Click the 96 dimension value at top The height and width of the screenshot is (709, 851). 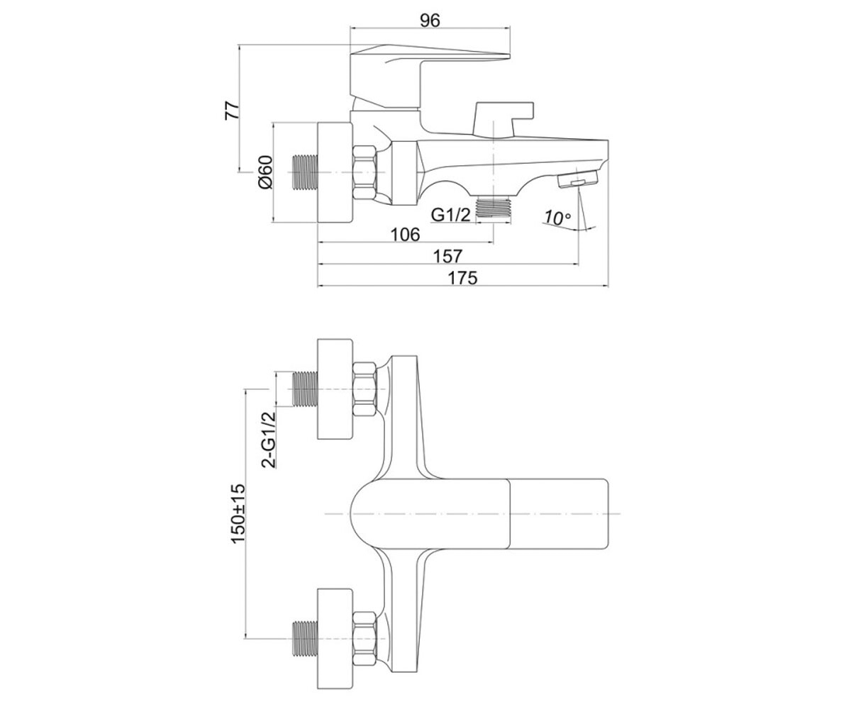430,21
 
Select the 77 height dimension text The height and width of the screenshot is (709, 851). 233,110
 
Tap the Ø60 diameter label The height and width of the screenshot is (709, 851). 265,172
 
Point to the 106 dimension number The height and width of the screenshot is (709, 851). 405,234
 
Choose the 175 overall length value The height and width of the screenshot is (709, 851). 462,278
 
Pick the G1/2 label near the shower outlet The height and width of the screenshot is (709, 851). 451,214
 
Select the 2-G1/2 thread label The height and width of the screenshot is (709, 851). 268,440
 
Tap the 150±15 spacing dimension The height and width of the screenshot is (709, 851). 238,514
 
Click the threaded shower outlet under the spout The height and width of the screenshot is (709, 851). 494,208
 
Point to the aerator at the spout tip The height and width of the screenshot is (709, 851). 579,179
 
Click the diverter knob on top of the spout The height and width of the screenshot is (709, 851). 504,118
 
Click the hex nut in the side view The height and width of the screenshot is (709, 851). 365,173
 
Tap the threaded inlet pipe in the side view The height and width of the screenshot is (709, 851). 305,172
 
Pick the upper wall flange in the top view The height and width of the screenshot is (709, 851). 335,389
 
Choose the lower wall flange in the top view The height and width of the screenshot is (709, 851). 335,639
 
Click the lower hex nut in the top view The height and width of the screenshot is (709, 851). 365,639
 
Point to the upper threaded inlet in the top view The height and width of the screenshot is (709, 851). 305,389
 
